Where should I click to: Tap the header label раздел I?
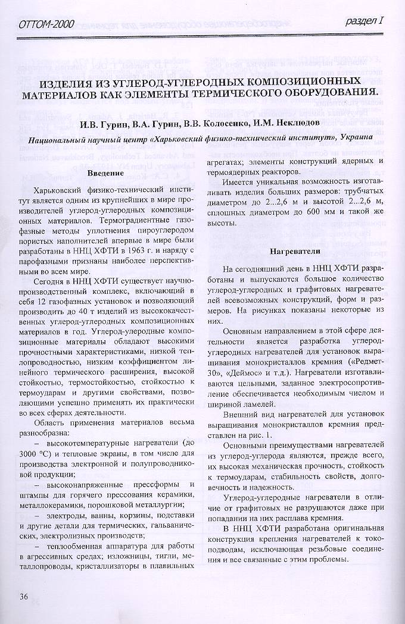364,22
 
